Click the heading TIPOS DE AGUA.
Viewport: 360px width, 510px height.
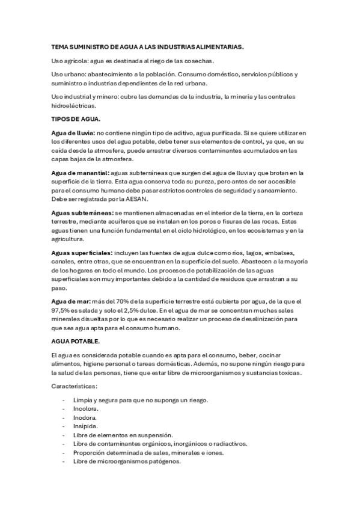(76, 119)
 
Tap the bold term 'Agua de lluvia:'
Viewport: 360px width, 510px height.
(73, 132)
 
